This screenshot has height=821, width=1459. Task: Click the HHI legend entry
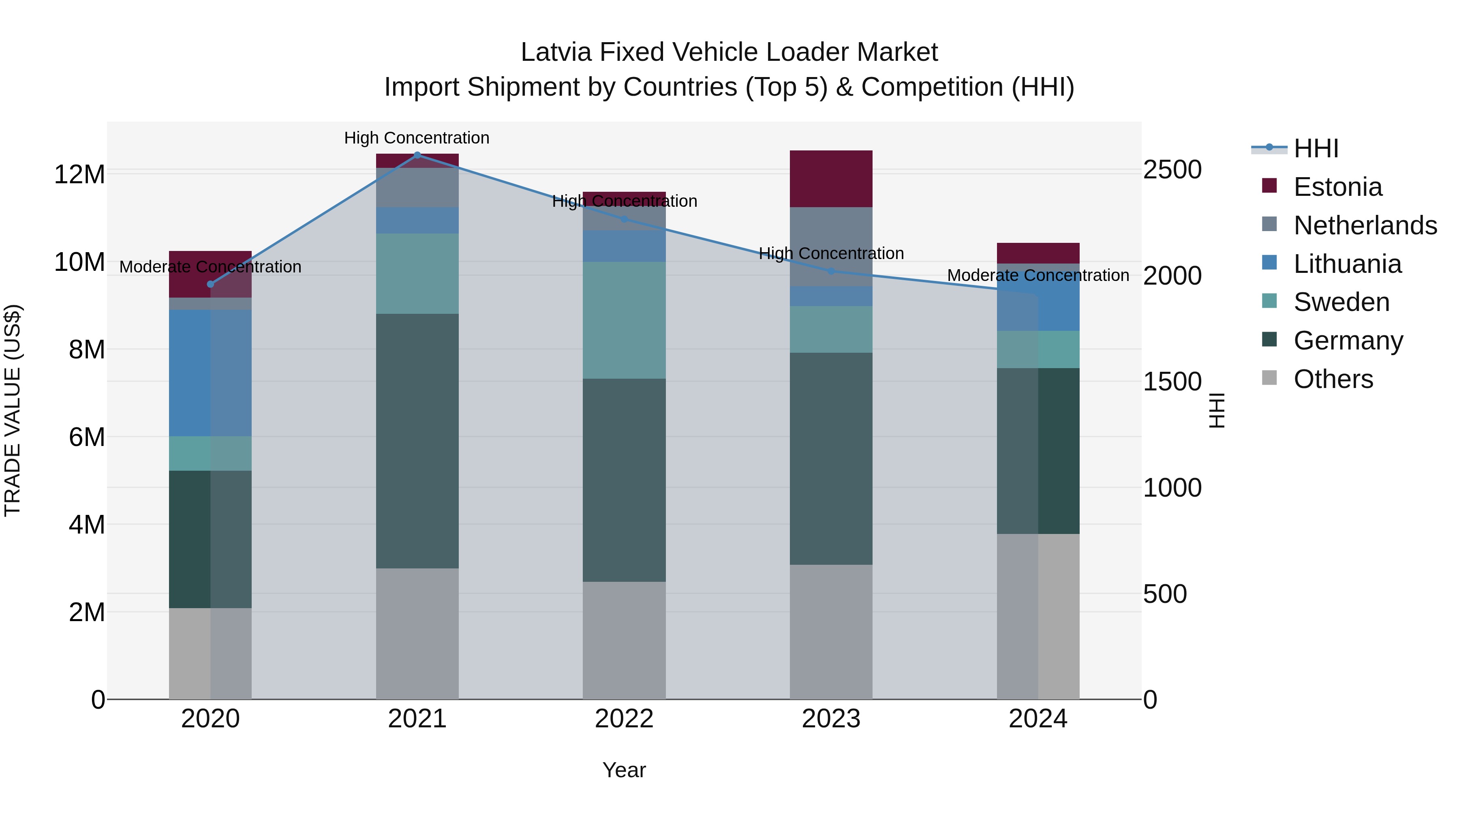(1315, 148)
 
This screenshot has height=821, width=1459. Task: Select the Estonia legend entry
(1337, 187)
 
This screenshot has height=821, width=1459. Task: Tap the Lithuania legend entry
(1347, 264)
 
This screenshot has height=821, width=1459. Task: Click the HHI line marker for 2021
(417, 155)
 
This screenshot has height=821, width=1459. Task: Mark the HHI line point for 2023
(831, 271)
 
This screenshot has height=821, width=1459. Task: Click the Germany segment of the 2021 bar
(417, 441)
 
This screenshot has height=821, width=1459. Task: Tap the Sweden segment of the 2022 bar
(624, 320)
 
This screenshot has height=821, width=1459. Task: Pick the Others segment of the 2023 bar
(831, 632)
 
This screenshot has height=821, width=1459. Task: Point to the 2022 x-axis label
(624, 719)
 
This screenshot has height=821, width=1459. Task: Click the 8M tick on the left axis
(86, 349)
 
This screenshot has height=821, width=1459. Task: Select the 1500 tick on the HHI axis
(1172, 382)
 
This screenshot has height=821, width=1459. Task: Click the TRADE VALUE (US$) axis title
(13, 410)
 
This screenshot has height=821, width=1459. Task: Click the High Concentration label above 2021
(417, 138)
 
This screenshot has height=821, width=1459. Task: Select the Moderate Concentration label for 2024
(1038, 275)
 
